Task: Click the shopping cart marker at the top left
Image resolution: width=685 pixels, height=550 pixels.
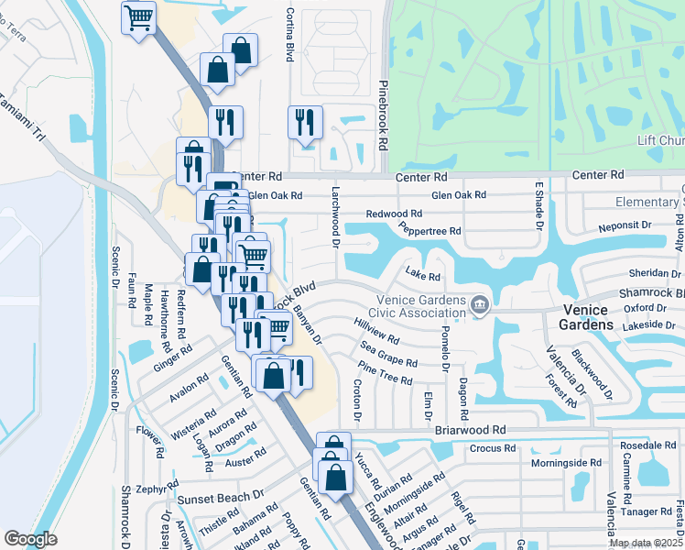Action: pyautogui.click(x=138, y=17)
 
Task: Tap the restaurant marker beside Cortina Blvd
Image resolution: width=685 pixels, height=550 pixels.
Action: pyautogui.click(x=305, y=122)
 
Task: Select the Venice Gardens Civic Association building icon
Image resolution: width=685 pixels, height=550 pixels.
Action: pyautogui.click(x=478, y=304)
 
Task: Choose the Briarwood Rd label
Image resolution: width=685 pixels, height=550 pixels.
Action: pyautogui.click(x=473, y=429)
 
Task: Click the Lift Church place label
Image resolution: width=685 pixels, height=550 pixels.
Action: pyautogui.click(x=660, y=140)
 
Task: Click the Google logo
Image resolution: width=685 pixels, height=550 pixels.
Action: pyautogui.click(x=30, y=538)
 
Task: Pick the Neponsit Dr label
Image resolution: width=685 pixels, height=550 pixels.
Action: pyautogui.click(x=624, y=225)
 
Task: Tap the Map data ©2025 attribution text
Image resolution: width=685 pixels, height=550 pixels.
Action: pyautogui.click(x=645, y=543)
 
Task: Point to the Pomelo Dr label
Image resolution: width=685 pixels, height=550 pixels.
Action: pyautogui.click(x=445, y=345)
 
